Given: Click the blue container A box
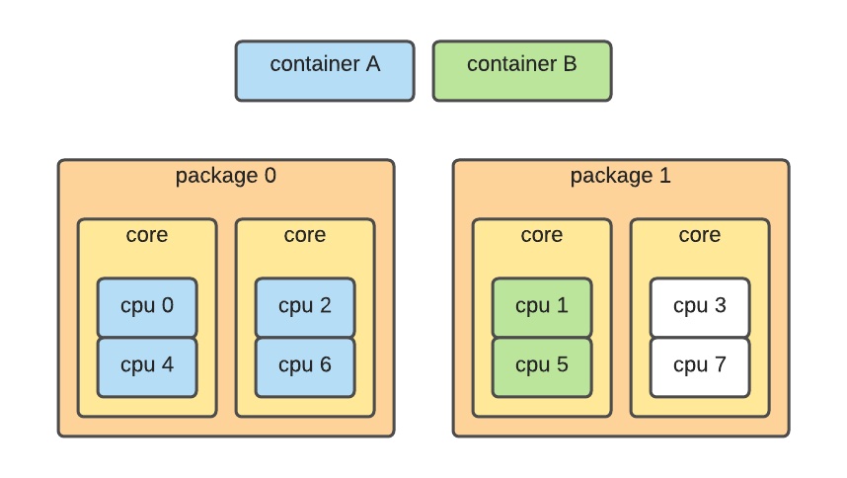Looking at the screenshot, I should pos(324,71).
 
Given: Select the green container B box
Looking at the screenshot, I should pos(521,71).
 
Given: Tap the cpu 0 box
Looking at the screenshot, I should pos(147,307).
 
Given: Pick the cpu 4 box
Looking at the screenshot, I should pos(147,366).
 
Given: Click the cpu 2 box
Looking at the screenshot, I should pos(305,307).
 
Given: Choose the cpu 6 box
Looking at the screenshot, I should pos(305,366).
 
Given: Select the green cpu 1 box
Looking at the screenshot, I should pos(542,307).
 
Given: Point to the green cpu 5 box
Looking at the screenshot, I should pos(542,366).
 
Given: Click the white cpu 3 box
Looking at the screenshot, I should pos(700,307).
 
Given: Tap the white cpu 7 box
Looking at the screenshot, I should pos(700,366).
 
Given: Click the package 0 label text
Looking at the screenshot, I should pos(226,177).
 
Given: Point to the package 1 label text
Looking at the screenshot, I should pos(621,177).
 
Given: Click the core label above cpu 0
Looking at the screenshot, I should pos(147,236).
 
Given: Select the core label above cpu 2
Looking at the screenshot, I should pos(305,236).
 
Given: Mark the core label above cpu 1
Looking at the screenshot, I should pos(542,236).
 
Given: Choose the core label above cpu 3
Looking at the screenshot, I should pos(700,236).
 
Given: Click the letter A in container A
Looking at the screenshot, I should pos(372,64).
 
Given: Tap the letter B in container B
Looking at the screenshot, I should pos(570,64).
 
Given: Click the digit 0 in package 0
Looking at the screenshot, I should pos(269,177).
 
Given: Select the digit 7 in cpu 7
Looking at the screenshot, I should pos(720,365).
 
